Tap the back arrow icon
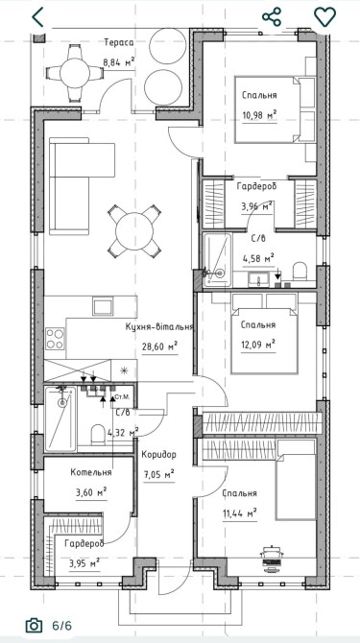click(38, 17)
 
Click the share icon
click(272, 17)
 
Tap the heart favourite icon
click(324, 17)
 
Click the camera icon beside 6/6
click(34, 626)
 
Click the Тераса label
click(119, 42)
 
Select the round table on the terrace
click(75, 73)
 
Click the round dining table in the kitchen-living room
click(134, 231)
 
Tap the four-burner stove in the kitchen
click(55, 339)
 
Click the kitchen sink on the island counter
click(103, 306)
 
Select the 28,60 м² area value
click(159, 346)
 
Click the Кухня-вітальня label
click(159, 327)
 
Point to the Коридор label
click(159, 454)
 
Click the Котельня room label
click(91, 472)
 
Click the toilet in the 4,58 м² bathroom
click(300, 272)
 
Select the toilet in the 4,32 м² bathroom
click(98, 435)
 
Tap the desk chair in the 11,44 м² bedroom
click(271, 552)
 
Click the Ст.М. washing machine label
click(122, 396)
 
